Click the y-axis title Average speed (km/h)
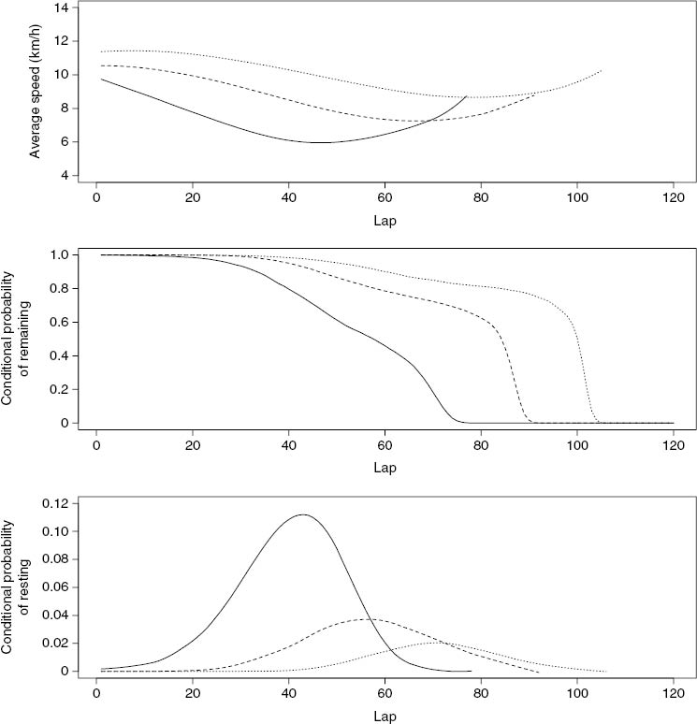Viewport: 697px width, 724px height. (36, 91)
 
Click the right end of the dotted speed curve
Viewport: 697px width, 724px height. (602, 70)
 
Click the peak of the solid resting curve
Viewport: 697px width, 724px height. (302, 514)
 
